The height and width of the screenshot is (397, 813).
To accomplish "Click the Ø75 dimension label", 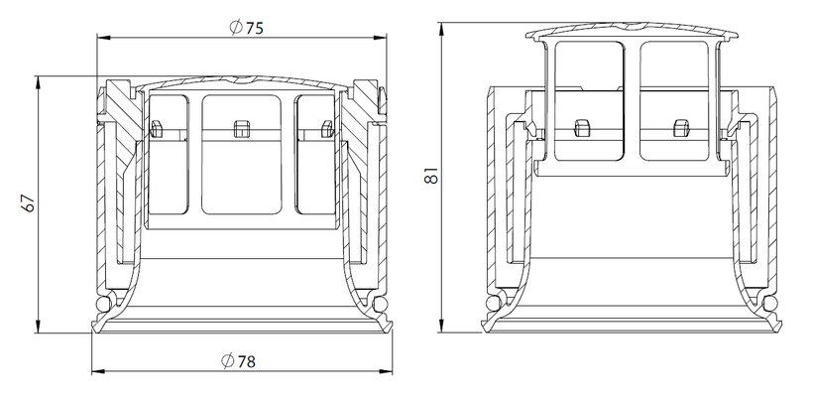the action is (246, 27).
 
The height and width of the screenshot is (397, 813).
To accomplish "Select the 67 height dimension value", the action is (30, 202).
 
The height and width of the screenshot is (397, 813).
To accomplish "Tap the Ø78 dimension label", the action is (239, 360).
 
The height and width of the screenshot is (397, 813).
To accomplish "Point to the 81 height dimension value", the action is (431, 176).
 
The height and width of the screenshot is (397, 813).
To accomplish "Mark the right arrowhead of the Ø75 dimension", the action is (381, 38).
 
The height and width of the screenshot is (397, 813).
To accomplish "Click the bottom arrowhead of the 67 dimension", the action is (39, 327).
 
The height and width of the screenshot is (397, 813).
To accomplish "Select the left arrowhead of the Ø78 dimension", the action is (97, 371).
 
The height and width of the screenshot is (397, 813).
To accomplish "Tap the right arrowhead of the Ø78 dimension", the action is (387, 371).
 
